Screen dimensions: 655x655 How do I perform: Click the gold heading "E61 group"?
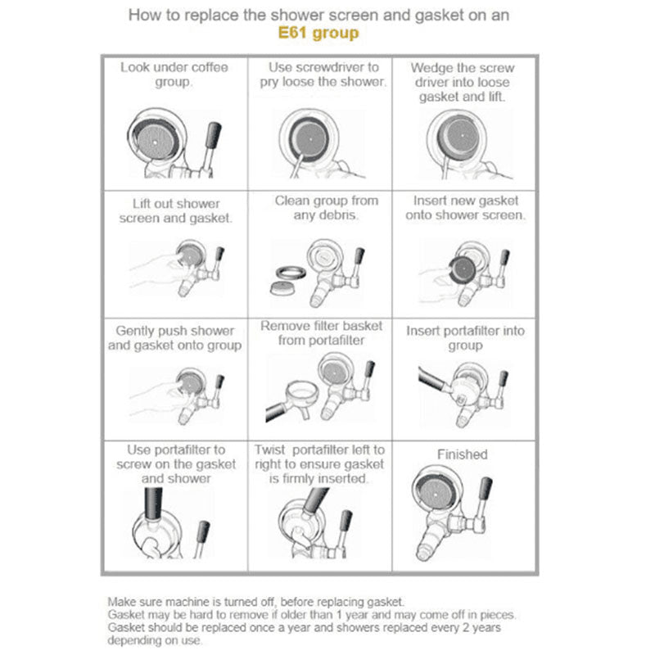coord(318,33)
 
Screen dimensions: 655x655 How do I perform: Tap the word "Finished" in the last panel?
coord(462,454)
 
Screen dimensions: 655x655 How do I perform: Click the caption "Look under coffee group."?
coord(174,74)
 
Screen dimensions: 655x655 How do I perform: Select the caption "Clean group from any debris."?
coord(326,208)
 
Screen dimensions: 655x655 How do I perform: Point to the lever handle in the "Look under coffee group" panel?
coord(213,135)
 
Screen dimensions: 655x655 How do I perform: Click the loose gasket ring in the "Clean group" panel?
coord(291,273)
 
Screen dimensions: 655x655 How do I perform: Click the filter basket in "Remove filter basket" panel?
coord(301,392)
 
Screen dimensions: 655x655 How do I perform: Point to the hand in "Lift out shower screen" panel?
coord(152,271)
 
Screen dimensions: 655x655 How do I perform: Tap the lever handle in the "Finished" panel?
coord(485,489)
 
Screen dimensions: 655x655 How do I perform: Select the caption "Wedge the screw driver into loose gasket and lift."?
coord(462,82)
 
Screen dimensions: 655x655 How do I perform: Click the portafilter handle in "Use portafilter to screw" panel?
coord(153,504)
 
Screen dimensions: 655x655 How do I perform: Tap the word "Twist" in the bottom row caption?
coord(270,449)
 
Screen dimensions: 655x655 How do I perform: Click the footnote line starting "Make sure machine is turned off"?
coord(256,602)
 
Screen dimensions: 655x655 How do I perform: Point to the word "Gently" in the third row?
coord(134,331)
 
